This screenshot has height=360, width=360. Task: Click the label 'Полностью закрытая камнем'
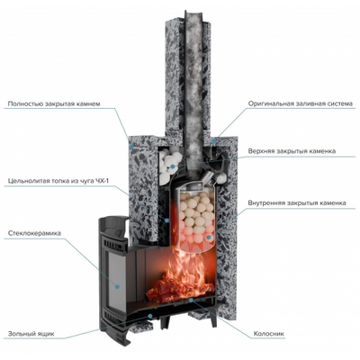click(x=54, y=104)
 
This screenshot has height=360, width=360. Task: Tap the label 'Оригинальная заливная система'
click(x=300, y=104)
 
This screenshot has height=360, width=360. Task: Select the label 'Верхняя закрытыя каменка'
click(x=292, y=151)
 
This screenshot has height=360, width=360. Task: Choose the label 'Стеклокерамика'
click(x=34, y=233)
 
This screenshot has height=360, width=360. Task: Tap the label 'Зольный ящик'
click(x=31, y=334)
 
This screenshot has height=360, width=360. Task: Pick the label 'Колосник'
click(x=269, y=334)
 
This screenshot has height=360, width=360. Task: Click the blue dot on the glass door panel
click(x=117, y=286)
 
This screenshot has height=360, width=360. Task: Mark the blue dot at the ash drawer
click(x=150, y=316)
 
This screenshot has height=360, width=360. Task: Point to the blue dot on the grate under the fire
click(x=191, y=300)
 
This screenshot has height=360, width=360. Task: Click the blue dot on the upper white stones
click(x=172, y=166)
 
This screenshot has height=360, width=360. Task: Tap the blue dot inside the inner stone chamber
click(x=209, y=237)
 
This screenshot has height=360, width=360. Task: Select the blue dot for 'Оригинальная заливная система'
click(x=214, y=140)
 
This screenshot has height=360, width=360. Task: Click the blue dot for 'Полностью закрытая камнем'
click(x=132, y=146)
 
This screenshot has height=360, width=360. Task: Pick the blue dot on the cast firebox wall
click(x=166, y=220)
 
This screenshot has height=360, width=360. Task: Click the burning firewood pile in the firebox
click(x=180, y=285)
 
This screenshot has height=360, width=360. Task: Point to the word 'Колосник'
click(x=269, y=334)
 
